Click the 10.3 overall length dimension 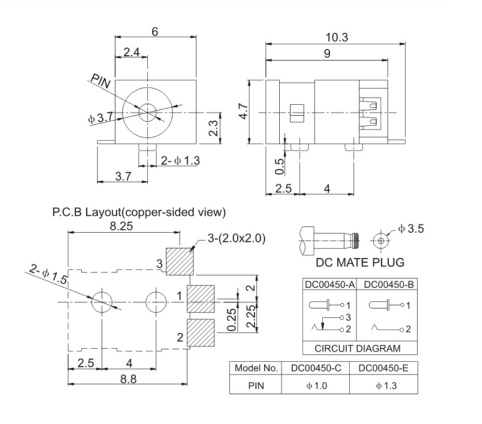(x=336, y=38)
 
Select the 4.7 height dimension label (x=243, y=112)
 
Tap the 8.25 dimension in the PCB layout (x=122, y=226)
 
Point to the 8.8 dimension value (x=128, y=379)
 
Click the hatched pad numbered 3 (x=180, y=261)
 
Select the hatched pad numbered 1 (x=201, y=298)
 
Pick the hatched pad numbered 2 (x=201, y=333)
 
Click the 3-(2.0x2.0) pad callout (x=236, y=238)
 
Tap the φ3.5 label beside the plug (x=411, y=229)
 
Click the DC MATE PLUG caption (x=360, y=262)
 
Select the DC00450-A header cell (x=330, y=284)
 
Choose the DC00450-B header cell (x=388, y=284)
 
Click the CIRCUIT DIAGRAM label (x=357, y=348)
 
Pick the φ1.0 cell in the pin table (x=317, y=386)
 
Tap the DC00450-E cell (x=383, y=368)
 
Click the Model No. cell (x=256, y=368)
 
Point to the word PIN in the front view (x=101, y=81)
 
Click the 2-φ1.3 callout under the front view (x=180, y=160)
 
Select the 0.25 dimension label (x=232, y=320)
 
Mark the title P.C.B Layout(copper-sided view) (x=138, y=212)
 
